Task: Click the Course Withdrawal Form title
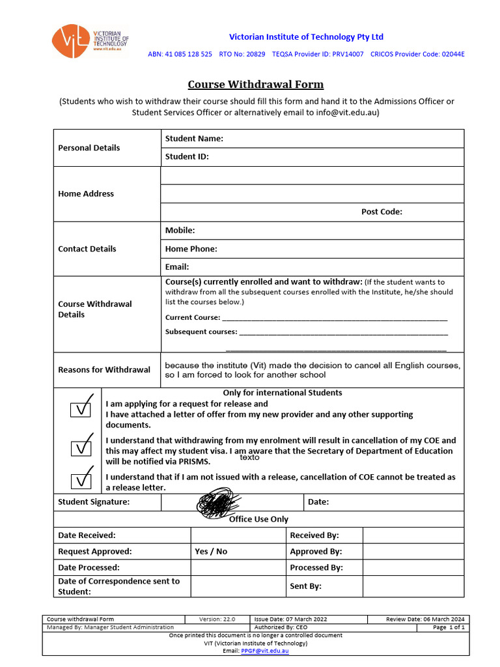point(255,85)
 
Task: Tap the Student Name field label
point(194,139)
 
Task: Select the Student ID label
point(187,157)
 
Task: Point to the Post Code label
point(382,212)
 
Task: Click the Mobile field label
point(180,231)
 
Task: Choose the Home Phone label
point(191,249)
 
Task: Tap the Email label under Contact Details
point(177,267)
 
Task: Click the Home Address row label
point(86,194)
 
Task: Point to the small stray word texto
point(249,458)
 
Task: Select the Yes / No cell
point(211,552)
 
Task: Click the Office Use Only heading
point(258,519)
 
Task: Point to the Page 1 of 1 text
point(449,627)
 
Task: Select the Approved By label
point(316,552)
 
